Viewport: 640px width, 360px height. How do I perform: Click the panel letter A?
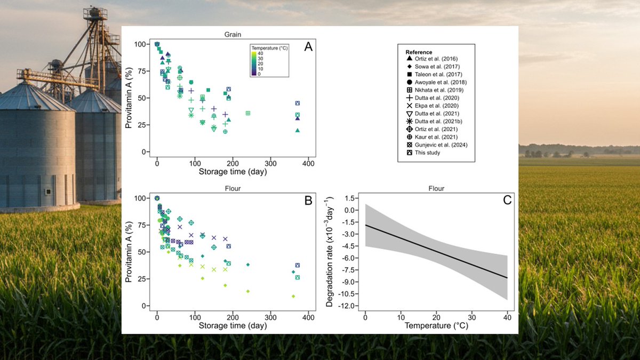(x=308, y=47)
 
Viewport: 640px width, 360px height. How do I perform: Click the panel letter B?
(x=308, y=201)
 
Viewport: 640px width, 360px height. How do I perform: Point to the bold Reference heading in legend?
(x=419, y=52)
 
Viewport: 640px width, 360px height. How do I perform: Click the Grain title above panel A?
(x=232, y=34)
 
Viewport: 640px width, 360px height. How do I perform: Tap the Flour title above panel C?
(x=436, y=188)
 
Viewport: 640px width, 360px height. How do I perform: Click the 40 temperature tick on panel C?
(x=507, y=317)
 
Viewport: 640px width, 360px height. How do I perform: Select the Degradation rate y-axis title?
(x=331, y=250)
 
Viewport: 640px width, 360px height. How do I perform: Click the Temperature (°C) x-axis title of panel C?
(x=436, y=325)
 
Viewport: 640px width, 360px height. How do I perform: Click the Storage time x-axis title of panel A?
(x=233, y=172)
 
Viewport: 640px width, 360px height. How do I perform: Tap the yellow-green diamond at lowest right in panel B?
(x=293, y=296)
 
